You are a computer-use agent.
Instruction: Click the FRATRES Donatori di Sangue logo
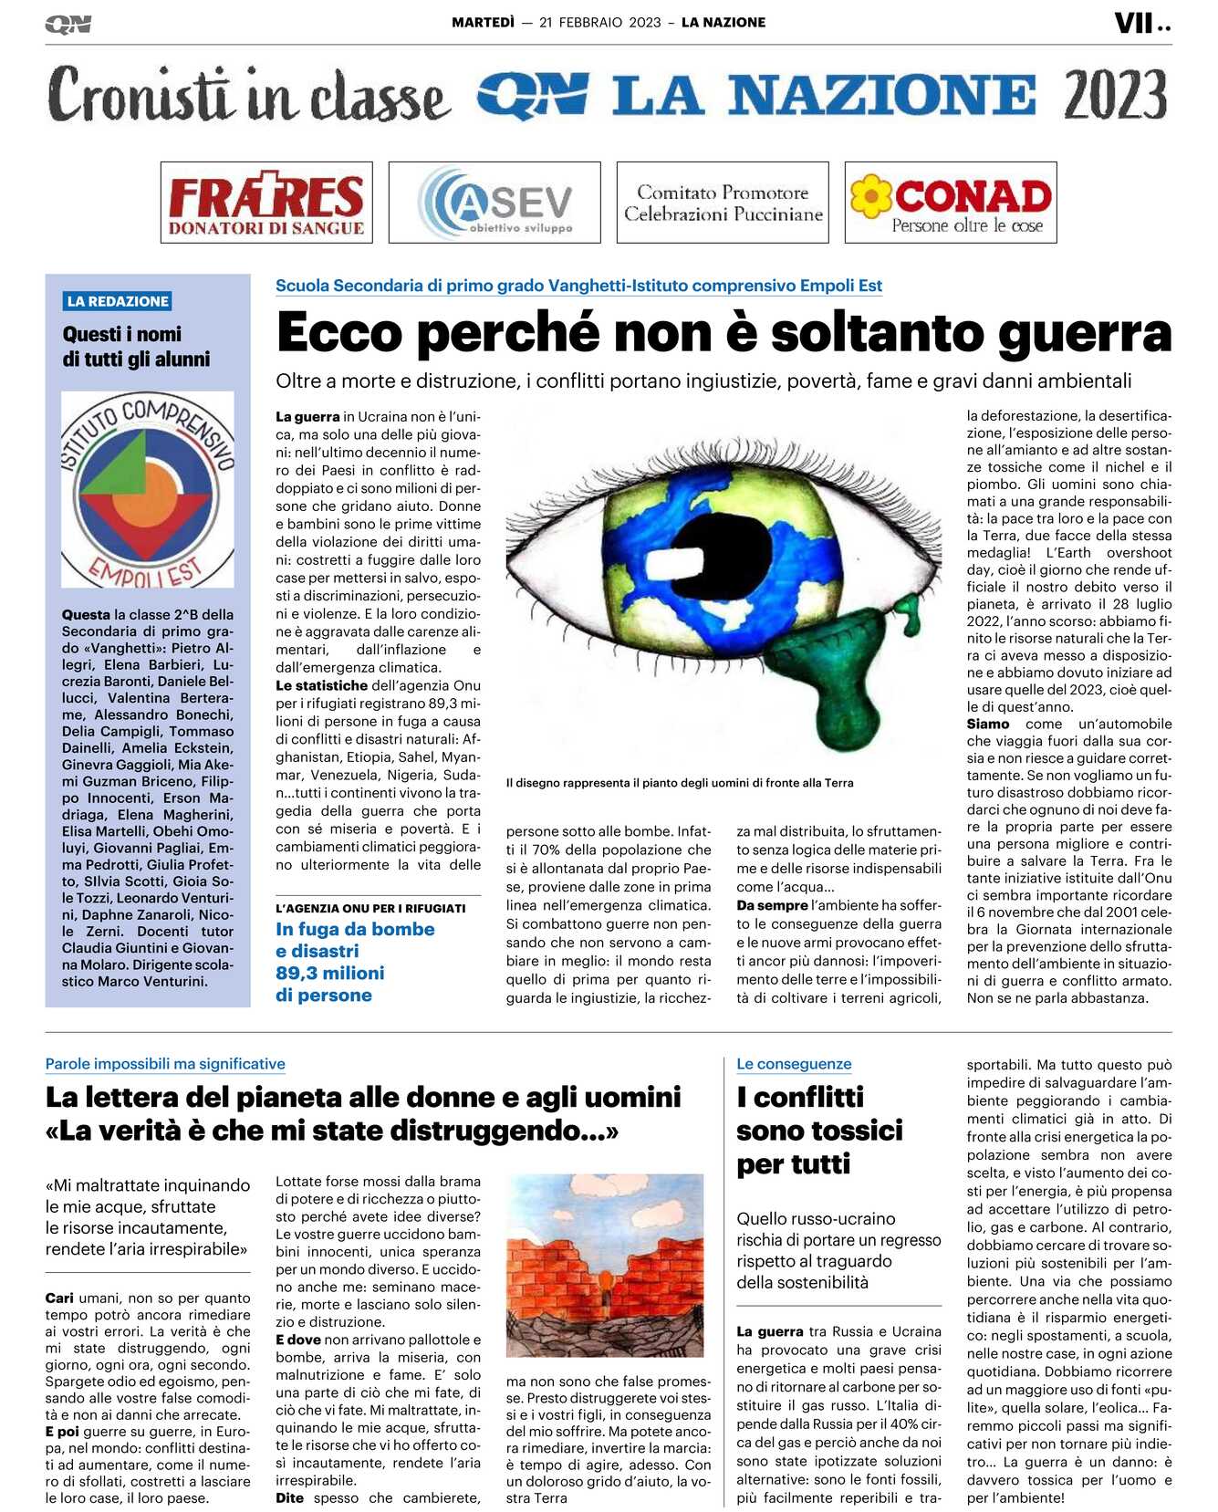(266, 203)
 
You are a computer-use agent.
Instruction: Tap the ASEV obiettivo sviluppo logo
(494, 203)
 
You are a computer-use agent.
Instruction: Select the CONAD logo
(951, 203)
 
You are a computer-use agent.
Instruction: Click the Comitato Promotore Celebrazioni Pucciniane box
(723, 203)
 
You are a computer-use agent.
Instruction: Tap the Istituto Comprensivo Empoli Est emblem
(148, 489)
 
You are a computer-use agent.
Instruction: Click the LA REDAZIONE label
(118, 301)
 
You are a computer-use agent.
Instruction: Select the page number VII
(1134, 23)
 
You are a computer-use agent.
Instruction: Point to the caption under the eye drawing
(680, 782)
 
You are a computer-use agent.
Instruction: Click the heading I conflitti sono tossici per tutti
(818, 1130)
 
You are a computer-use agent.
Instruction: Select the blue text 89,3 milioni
(330, 973)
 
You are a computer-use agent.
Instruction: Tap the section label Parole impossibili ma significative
(165, 1063)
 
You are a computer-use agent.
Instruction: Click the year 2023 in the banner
(1115, 95)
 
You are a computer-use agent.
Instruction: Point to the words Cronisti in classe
(248, 95)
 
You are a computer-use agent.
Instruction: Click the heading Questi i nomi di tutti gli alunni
(136, 346)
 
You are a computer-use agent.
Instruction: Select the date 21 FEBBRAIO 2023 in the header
(599, 23)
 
